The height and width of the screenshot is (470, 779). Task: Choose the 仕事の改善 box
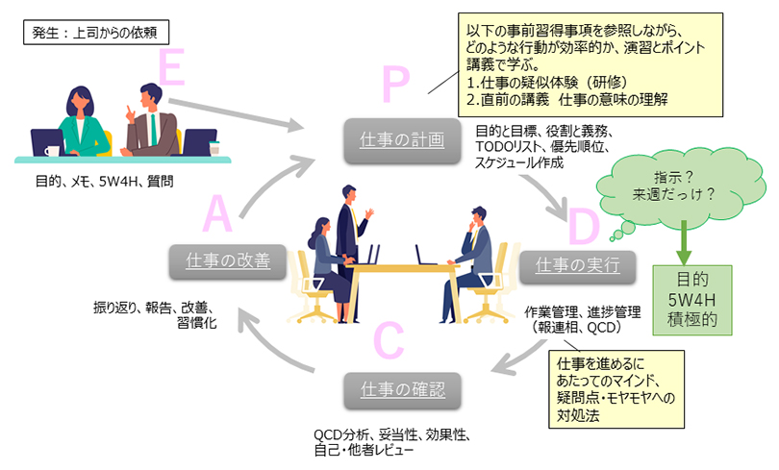(x=228, y=260)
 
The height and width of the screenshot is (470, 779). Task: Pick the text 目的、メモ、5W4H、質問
(x=103, y=179)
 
